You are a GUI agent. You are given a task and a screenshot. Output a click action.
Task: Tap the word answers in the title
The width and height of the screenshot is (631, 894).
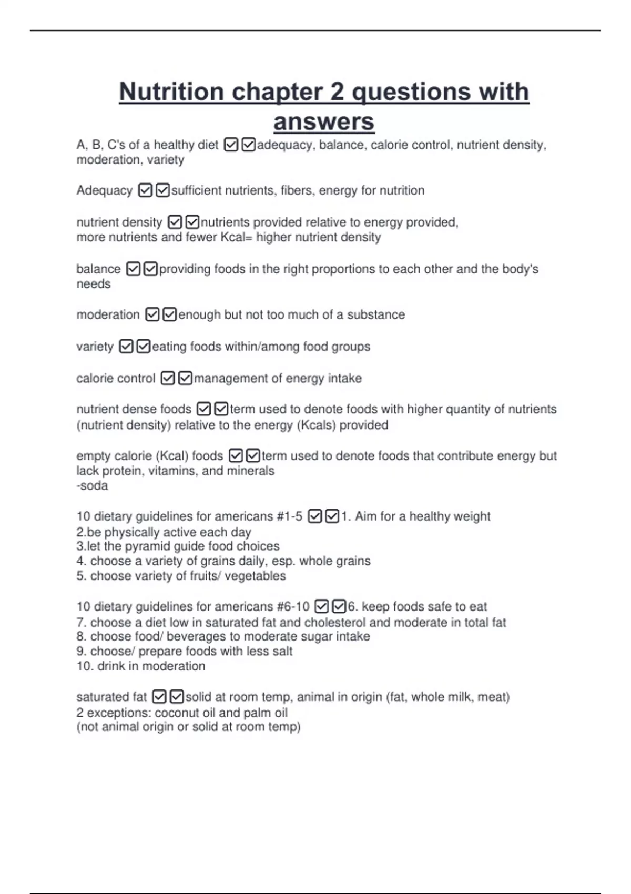tap(323, 121)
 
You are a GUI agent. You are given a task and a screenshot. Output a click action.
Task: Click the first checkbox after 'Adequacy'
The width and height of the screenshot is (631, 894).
tap(145, 190)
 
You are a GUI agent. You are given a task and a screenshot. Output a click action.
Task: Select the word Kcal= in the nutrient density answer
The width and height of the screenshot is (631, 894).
tap(236, 237)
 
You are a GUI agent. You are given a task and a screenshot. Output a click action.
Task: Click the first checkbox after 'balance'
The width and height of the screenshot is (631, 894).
tap(134, 269)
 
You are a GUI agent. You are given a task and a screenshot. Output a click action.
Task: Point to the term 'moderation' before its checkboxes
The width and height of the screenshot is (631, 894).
tap(108, 314)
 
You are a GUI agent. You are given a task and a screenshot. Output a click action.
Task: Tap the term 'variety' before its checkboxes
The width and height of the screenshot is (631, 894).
tap(95, 347)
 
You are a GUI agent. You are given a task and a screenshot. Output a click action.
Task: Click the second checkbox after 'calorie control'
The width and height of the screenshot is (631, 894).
tap(185, 378)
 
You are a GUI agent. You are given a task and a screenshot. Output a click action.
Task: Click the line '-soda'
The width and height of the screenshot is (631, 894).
tap(92, 485)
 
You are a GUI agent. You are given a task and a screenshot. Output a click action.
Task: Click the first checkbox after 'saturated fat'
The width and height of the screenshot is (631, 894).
tap(159, 697)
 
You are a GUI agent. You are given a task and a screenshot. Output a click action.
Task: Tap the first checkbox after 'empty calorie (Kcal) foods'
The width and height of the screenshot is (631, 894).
tap(236, 455)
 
